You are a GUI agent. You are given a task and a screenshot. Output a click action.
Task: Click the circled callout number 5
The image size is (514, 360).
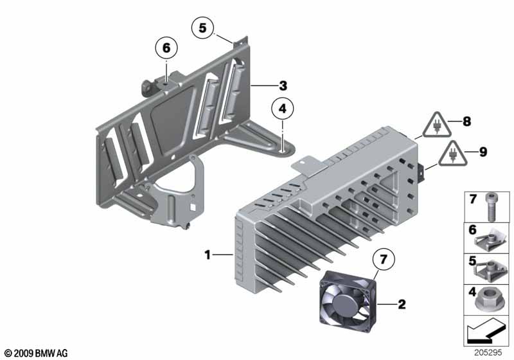pos(202,28)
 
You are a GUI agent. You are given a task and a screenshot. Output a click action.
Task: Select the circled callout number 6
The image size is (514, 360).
pos(166,48)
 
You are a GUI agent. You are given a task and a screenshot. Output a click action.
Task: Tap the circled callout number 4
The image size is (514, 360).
pos(283,108)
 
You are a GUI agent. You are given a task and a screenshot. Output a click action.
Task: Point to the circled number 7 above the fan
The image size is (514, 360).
pos(384,260)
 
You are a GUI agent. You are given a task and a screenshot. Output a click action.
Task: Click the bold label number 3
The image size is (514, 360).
pos(283,86)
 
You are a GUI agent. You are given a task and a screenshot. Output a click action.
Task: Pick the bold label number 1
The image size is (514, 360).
pos(207,255)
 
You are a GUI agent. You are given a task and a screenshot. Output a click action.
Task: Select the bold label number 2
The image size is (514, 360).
pos(402,304)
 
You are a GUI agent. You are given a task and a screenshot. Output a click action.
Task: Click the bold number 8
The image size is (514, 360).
pos(467,122)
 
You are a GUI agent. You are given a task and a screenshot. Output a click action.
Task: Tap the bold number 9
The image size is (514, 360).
pos(483,152)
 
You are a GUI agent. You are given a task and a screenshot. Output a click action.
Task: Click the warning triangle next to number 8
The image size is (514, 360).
pos(436,125)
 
